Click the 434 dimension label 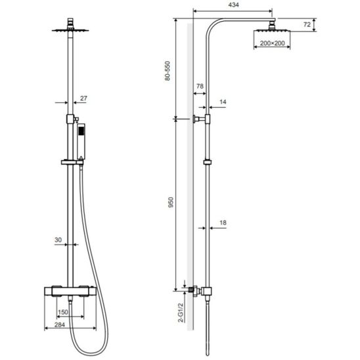233,5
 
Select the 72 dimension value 307,24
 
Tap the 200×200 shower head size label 272,43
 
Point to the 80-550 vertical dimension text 168,71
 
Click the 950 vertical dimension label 171,202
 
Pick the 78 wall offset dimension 200,86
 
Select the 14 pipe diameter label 223,102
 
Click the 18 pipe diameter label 223,223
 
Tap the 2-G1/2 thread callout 181,313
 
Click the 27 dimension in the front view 83,99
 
